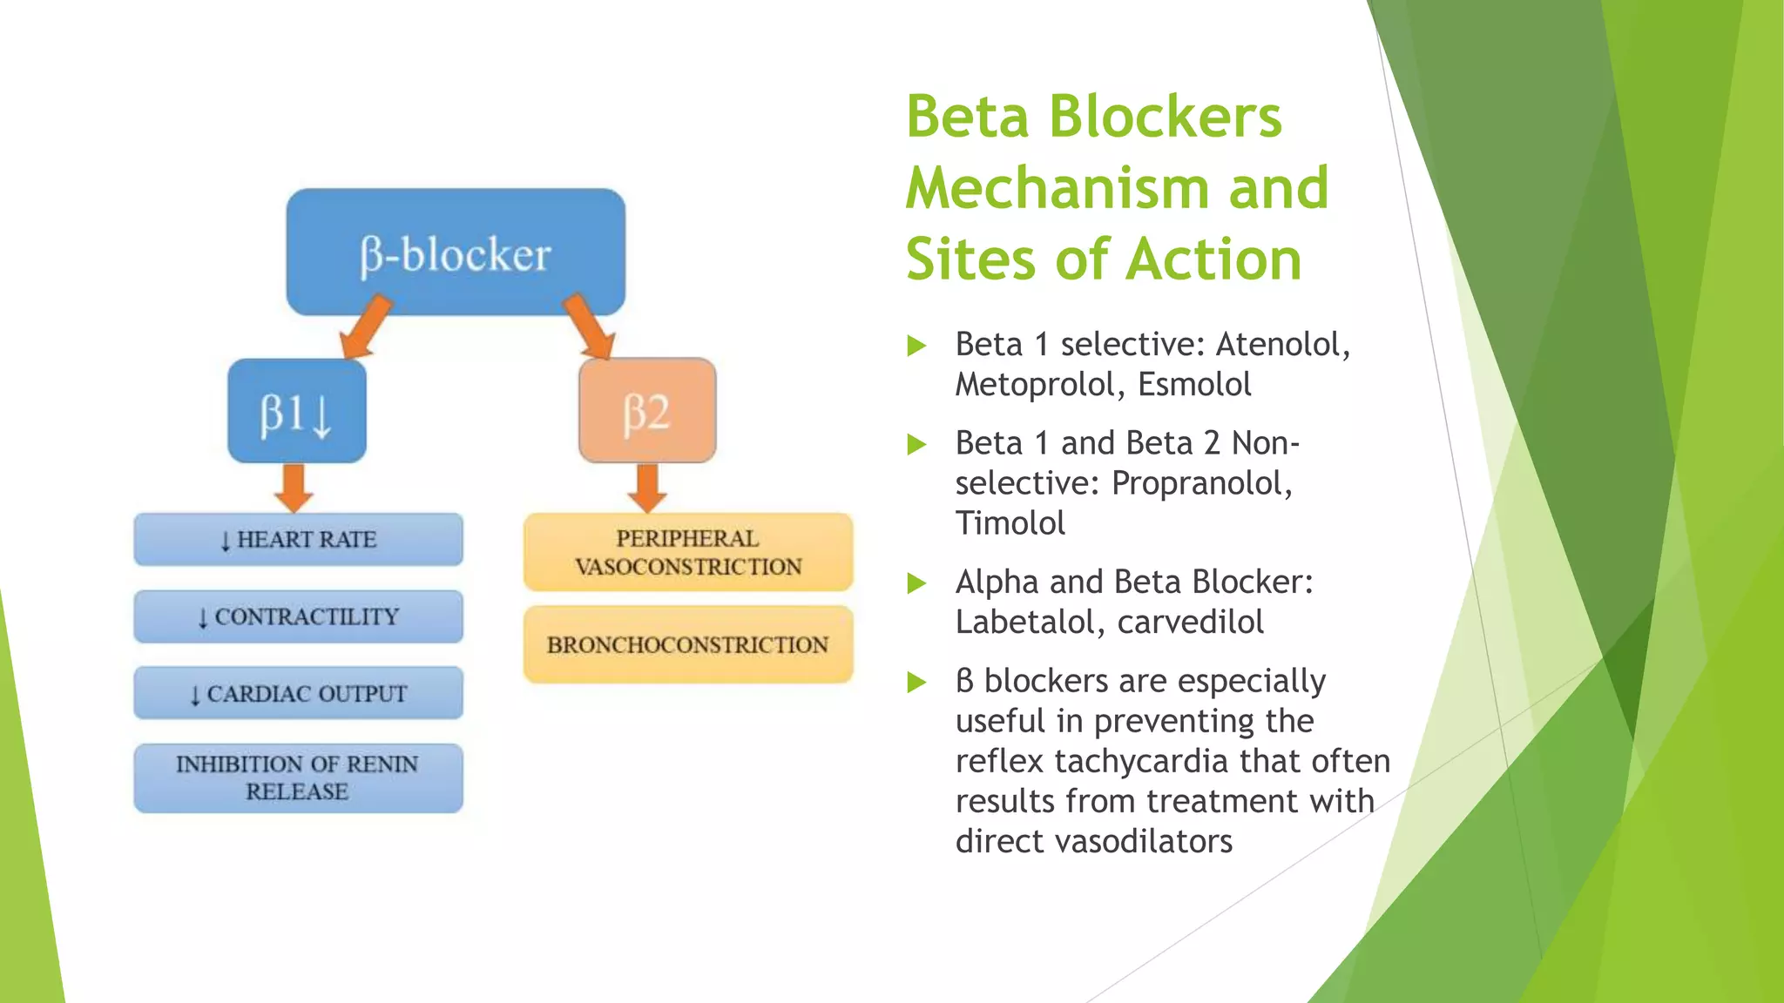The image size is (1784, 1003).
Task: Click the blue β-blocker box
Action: point(456,252)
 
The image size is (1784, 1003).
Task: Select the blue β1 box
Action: point(297,411)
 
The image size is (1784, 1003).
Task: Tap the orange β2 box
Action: point(647,411)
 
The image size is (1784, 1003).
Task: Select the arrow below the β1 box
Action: point(294,488)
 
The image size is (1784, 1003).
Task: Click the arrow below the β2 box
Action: point(647,488)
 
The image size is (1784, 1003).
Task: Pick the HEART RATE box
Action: point(298,540)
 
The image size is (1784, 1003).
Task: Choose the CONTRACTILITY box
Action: point(298,616)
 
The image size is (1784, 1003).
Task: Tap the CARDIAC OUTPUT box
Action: point(298,693)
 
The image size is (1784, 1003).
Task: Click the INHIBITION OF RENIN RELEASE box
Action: point(298,777)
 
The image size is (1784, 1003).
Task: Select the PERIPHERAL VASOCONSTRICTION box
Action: point(688,552)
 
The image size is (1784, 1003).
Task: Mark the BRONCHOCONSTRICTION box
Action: point(688,644)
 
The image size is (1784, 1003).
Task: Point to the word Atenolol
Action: point(1281,345)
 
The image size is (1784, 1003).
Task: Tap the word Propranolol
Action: point(1201,483)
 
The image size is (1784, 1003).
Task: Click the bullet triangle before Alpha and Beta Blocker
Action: point(916,582)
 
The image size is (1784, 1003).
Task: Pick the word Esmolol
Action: point(1194,385)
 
